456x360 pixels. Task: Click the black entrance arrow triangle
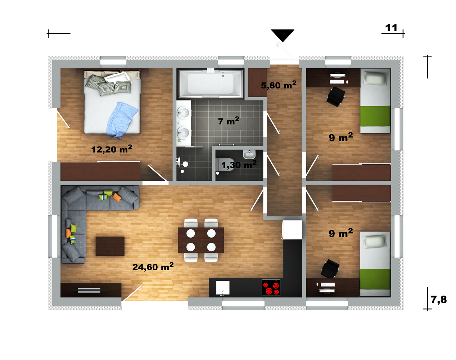click(283, 34)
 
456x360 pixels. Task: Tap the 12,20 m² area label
click(112, 149)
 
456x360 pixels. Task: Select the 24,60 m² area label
click(153, 266)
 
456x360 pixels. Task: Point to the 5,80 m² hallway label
click(279, 85)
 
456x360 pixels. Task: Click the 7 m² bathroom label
click(229, 121)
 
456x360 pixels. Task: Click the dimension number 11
click(391, 28)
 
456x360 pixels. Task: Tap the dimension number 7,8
click(439, 300)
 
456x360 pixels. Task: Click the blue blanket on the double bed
click(121, 121)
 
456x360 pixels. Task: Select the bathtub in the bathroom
click(211, 84)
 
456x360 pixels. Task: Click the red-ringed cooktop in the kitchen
click(271, 288)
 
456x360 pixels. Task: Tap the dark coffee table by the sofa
click(110, 246)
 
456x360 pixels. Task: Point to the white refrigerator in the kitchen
click(292, 230)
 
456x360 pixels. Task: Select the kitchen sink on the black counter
click(222, 288)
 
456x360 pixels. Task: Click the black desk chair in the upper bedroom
click(336, 97)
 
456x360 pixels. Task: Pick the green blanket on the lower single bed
click(375, 279)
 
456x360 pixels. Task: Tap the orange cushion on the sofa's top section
click(117, 197)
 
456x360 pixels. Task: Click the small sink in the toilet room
click(249, 154)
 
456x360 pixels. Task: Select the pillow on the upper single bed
click(375, 78)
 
